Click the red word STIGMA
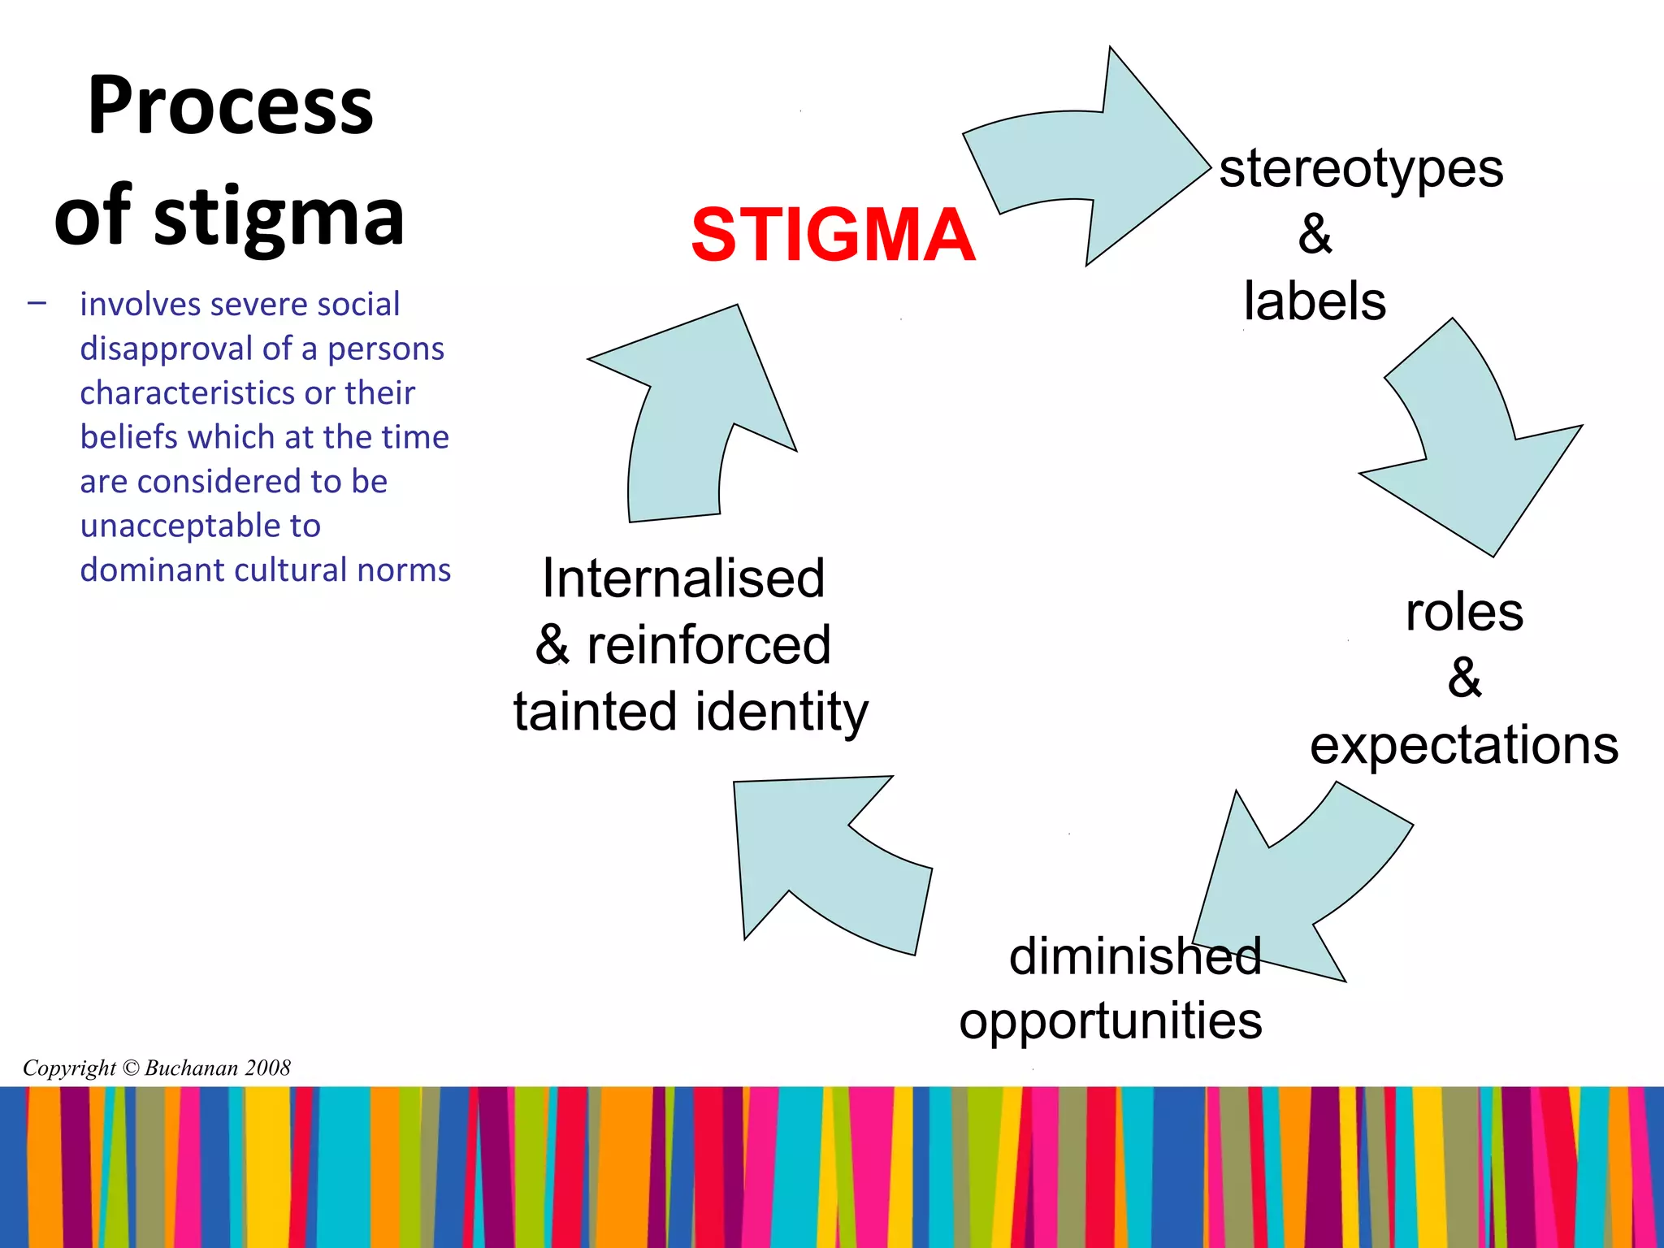point(833,235)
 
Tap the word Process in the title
point(231,106)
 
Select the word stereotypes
point(1361,169)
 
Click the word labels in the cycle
point(1314,301)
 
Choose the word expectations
point(1463,745)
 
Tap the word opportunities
point(1110,1020)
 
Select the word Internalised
point(683,578)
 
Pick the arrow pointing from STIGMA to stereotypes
point(1089,154)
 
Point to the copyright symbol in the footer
point(130,1068)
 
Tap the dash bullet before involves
point(37,305)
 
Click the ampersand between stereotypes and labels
point(1315,235)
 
